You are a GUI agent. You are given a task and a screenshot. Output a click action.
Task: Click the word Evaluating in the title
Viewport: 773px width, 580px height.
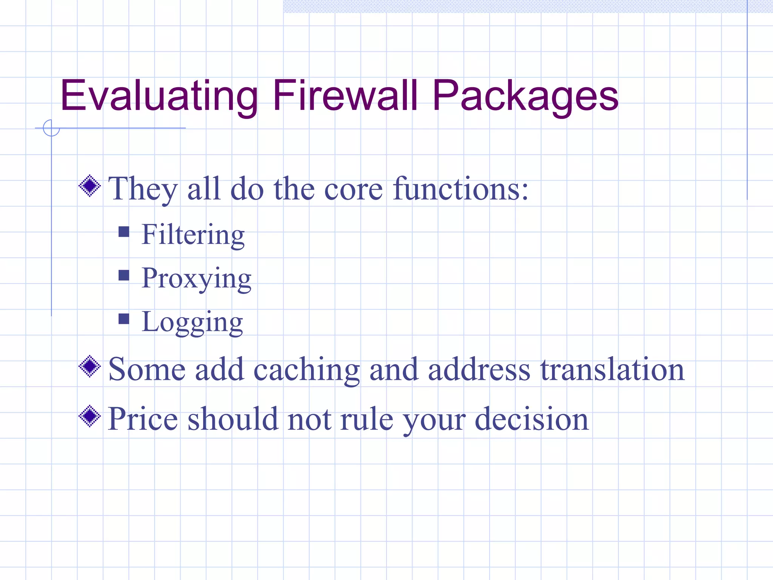pyautogui.click(x=159, y=96)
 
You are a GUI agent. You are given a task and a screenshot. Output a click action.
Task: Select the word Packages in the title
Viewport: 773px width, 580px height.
pyautogui.click(x=525, y=96)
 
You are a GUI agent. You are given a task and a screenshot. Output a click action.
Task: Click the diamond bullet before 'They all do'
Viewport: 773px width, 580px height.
pyautogui.click(x=90, y=186)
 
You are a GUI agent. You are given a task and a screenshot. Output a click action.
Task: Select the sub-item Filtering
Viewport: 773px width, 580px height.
pyautogui.click(x=193, y=235)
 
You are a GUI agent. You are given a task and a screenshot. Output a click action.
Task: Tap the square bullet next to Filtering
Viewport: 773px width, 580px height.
pyautogui.click(x=124, y=231)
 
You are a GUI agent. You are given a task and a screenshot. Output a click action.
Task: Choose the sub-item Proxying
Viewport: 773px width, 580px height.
pyautogui.click(x=196, y=279)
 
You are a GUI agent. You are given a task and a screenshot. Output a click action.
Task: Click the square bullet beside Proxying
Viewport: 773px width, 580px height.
pyautogui.click(x=124, y=275)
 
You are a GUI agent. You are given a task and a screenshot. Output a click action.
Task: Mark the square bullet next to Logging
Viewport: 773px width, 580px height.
pyautogui.click(x=124, y=319)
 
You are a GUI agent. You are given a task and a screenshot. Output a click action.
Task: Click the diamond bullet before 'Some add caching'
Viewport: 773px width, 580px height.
pyautogui.click(x=90, y=366)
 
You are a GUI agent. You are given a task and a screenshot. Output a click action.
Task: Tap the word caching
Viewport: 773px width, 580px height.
pyautogui.click(x=306, y=370)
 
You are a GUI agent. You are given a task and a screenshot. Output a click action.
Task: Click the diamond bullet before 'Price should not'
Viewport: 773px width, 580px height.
pyautogui.click(x=90, y=416)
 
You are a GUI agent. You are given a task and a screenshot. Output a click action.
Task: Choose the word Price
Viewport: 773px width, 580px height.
pyautogui.click(x=143, y=419)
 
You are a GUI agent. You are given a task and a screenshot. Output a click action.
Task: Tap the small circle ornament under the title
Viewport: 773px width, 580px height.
pyautogui.click(x=51, y=128)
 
